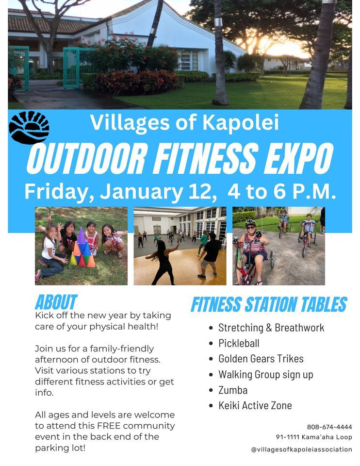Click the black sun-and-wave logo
tap(29, 128)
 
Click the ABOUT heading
tap(56, 302)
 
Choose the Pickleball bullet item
tap(239, 343)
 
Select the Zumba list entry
tap(233, 390)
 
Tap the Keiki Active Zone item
tap(255, 405)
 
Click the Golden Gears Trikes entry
tap(261, 359)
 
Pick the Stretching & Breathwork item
tap(271, 328)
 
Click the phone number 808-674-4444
tap(329, 427)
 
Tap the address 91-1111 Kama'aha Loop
tap(314, 437)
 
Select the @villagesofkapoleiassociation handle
tap(301, 449)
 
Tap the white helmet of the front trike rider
tap(250, 223)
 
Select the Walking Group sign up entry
tap(265, 374)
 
